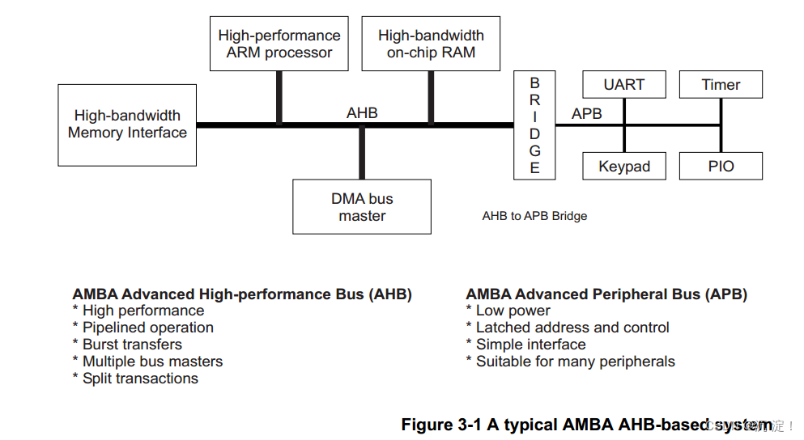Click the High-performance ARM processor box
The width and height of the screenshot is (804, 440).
coord(279,44)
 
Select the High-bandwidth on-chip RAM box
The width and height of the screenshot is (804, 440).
coord(431,44)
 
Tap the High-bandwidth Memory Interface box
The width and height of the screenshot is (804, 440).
coord(127,125)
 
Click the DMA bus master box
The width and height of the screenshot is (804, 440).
coord(362,207)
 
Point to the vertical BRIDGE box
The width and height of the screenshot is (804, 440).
coord(534,125)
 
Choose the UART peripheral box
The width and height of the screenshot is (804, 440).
coord(624,85)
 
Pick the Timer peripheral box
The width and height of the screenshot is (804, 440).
coord(721,85)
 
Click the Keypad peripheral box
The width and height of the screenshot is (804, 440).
coord(624,167)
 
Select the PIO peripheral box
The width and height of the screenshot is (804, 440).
coord(721,167)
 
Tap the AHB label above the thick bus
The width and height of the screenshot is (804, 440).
coord(362,113)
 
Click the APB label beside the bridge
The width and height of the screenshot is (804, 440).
coord(587,114)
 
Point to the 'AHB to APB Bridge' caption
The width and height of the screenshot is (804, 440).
coord(534,216)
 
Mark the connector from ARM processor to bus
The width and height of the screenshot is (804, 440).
coord(279,97)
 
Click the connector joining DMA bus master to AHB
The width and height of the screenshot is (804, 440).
coord(362,152)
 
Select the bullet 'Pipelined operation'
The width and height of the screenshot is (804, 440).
coord(148,328)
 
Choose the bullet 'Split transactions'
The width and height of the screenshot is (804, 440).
coord(140,379)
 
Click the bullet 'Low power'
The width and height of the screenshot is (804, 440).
coord(513,311)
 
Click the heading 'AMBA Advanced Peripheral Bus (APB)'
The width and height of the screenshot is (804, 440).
coord(606,294)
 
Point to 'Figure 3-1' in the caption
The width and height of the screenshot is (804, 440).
coord(441,425)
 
